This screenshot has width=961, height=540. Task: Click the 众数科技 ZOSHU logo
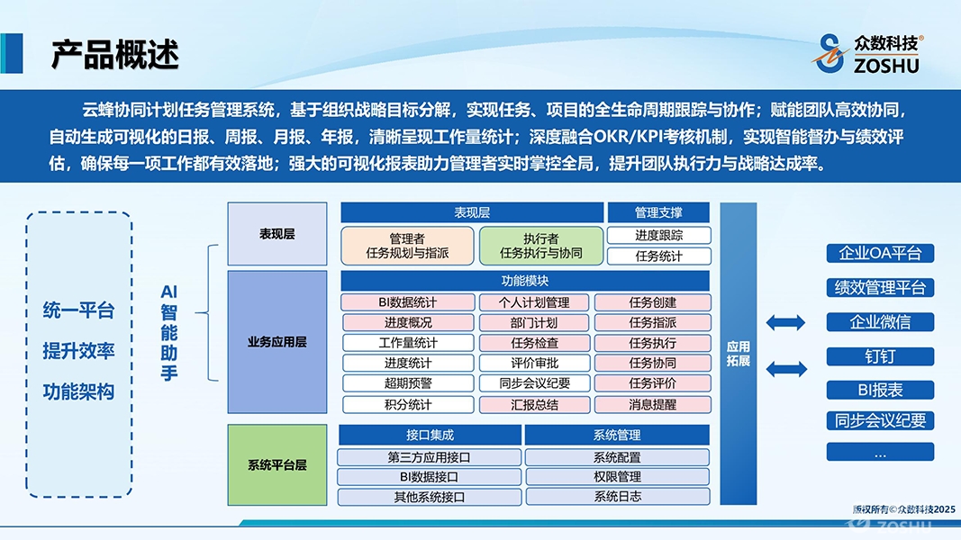tap(869, 54)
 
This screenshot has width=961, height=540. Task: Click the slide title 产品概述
tap(114, 54)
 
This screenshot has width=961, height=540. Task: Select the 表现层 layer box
tap(277, 234)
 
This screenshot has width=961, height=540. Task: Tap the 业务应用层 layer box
tap(277, 342)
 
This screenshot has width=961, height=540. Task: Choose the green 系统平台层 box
tap(277, 464)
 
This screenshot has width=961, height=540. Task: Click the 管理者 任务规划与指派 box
tap(408, 246)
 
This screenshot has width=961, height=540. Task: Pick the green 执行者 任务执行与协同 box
tap(541, 246)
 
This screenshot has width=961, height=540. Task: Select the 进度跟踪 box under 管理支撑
tap(659, 235)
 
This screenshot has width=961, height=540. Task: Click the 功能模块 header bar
tap(524, 281)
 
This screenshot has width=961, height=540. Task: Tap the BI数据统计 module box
tap(408, 302)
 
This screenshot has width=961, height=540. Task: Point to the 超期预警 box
tap(408, 384)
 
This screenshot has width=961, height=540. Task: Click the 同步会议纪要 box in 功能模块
tap(534, 384)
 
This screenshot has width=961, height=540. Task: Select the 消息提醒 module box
tap(653, 405)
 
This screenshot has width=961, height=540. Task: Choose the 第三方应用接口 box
tap(429, 457)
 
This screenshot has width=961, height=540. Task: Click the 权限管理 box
tap(617, 477)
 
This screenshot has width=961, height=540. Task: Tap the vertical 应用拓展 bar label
tap(738, 354)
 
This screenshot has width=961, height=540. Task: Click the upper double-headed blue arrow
tap(785, 323)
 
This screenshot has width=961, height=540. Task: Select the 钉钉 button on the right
tap(880, 356)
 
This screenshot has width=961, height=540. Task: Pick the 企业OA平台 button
tap(880, 254)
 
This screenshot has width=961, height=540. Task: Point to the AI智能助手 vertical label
tap(169, 332)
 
